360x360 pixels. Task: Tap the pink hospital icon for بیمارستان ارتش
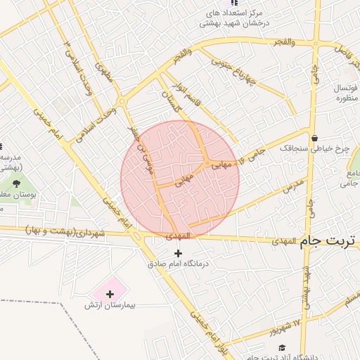point(110,292)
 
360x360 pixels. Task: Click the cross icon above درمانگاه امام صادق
point(178,253)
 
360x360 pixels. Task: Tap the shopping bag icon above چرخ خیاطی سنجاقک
point(314,137)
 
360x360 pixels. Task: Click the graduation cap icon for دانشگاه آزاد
point(282,348)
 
